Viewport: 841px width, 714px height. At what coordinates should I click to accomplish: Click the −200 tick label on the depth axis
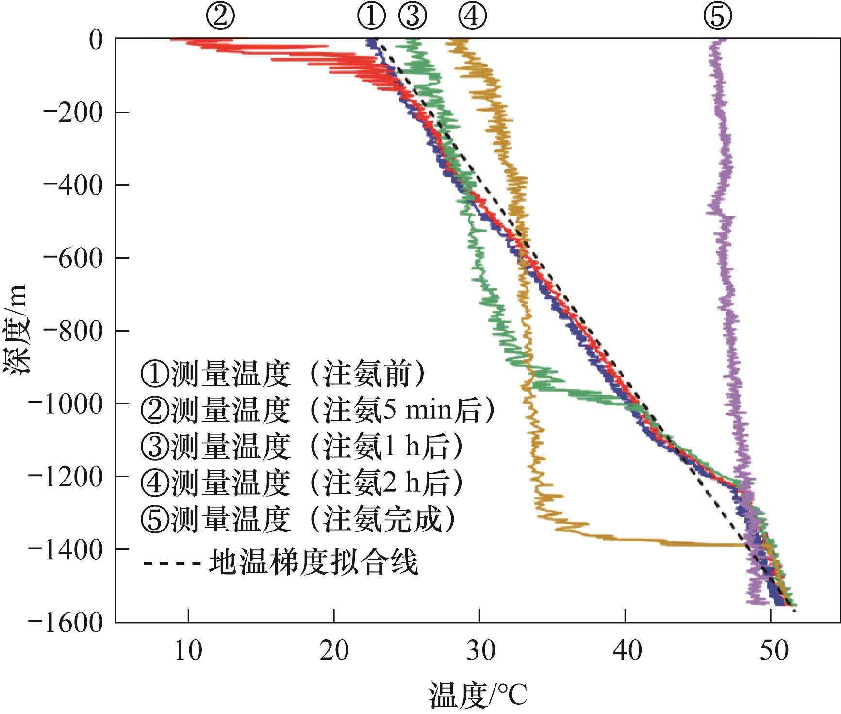coord(72,112)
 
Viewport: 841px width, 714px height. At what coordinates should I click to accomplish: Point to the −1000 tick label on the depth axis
coord(65,403)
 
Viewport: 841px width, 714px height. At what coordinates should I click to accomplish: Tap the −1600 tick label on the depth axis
coord(65,622)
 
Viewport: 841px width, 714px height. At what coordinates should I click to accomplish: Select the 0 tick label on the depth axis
coord(96,39)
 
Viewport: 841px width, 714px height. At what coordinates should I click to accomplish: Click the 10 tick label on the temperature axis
coord(188,650)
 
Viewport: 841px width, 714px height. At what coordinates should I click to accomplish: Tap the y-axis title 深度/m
coord(16,330)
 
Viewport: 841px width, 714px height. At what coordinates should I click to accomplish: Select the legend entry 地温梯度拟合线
coord(313,563)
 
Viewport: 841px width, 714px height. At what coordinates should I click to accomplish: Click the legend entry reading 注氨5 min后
coord(315,411)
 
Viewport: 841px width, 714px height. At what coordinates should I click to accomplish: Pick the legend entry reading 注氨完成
coord(298,519)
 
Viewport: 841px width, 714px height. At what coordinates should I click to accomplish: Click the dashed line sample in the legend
coord(172,563)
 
